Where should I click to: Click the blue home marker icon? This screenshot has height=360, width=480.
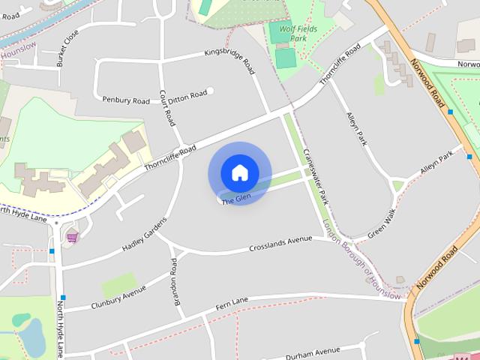pos(239,173)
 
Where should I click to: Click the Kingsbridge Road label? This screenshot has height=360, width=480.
pos(229,61)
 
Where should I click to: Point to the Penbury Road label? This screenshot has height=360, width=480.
pos(127,99)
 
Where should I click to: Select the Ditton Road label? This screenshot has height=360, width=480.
pos(187,95)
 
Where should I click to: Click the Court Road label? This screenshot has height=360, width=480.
pos(167,107)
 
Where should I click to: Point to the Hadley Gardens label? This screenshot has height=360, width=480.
pos(143,234)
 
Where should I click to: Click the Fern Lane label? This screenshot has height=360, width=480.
pos(232,301)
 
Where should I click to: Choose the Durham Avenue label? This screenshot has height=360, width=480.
pos(313,351)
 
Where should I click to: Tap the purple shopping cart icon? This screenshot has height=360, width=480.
pos(72,237)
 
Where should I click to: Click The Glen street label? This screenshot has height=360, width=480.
pos(235,199)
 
